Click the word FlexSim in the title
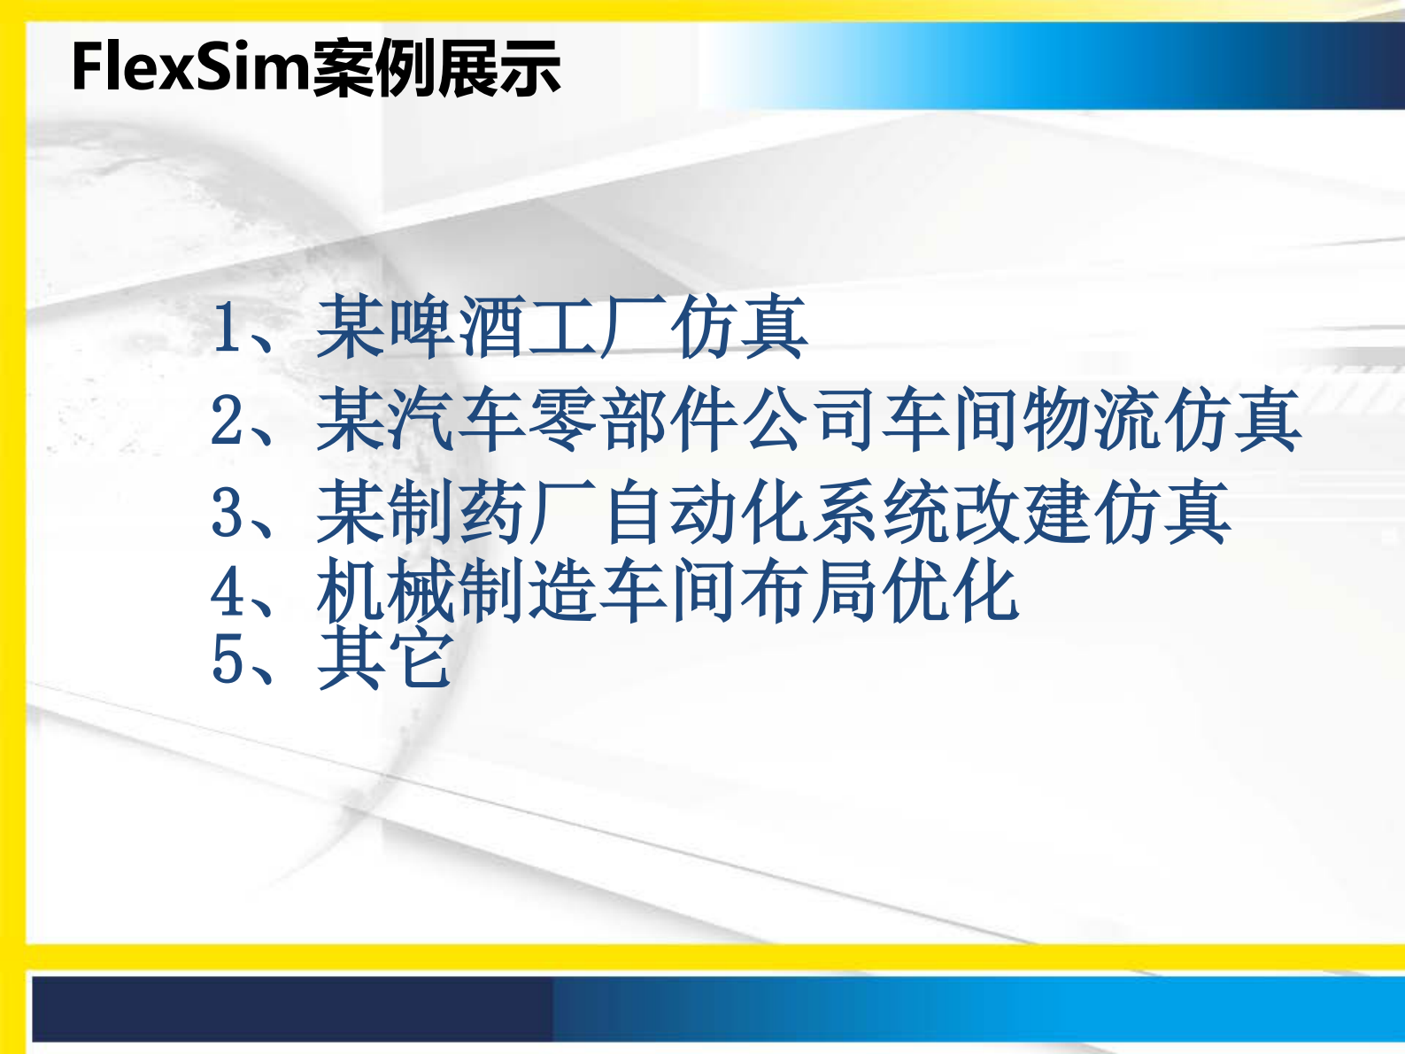coord(190,67)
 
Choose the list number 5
coord(228,660)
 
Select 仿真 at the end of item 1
coord(738,328)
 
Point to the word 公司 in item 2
coord(810,420)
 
